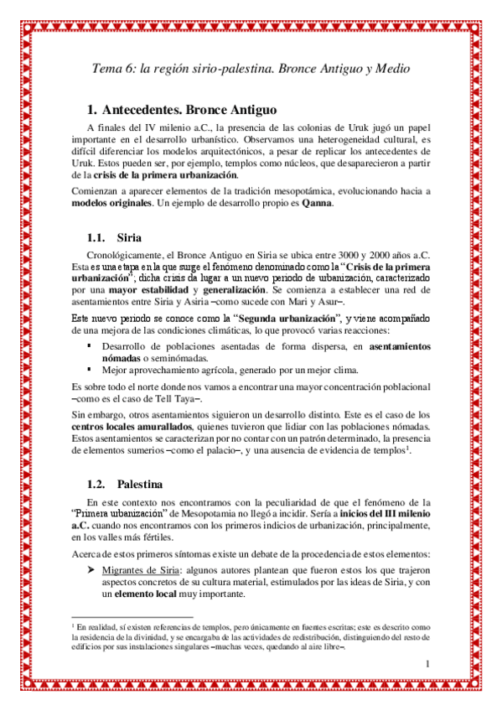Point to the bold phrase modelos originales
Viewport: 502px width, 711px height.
point(111,204)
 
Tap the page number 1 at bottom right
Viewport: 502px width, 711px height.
point(427,665)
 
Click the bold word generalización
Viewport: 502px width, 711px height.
point(238,288)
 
